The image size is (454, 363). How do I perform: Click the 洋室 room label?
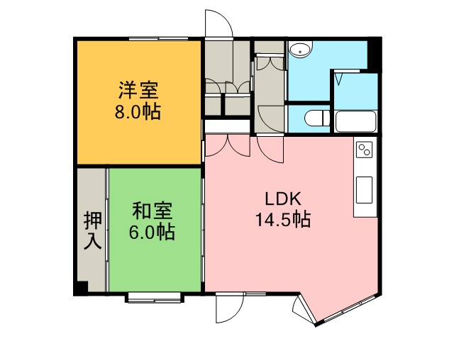[x=138, y=90]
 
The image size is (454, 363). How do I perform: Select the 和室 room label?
[x=153, y=211]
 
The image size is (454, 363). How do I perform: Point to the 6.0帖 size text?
[x=152, y=232]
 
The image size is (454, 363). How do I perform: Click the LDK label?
[x=283, y=199]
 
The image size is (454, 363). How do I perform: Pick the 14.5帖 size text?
[x=283, y=219]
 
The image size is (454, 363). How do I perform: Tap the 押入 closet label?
[x=93, y=230]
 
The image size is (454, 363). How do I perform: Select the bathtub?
[x=355, y=121]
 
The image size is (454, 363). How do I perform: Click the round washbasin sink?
[x=301, y=50]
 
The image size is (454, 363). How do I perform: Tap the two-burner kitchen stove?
[x=364, y=150]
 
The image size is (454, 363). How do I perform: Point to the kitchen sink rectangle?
[x=364, y=190]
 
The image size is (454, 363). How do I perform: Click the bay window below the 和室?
[x=155, y=298]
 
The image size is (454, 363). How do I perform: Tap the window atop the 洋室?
[x=158, y=38]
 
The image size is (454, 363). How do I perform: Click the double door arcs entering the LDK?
[x=228, y=145]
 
